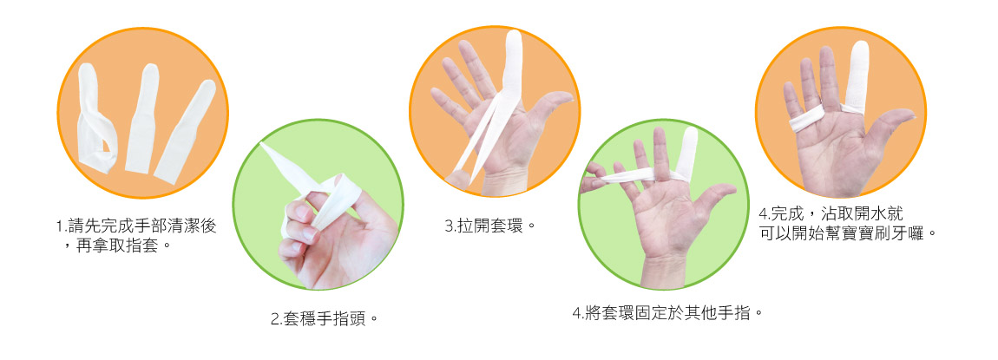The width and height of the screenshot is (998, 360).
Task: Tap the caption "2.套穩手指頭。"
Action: tap(325, 318)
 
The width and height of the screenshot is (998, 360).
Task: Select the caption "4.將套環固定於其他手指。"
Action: tap(667, 313)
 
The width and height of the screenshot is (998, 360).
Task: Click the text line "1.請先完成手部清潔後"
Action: tap(136, 226)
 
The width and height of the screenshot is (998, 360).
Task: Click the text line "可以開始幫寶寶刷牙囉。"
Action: tap(849, 233)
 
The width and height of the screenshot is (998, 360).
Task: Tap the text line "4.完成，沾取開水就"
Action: tap(831, 213)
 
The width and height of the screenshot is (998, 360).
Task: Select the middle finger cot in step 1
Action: tap(141, 118)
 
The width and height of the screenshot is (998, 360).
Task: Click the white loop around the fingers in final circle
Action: tap(807, 118)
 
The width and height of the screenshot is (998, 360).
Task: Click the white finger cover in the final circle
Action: tap(857, 75)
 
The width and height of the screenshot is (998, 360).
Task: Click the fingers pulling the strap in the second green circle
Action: tap(592, 178)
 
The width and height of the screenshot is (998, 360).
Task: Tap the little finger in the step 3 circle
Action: tap(445, 101)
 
